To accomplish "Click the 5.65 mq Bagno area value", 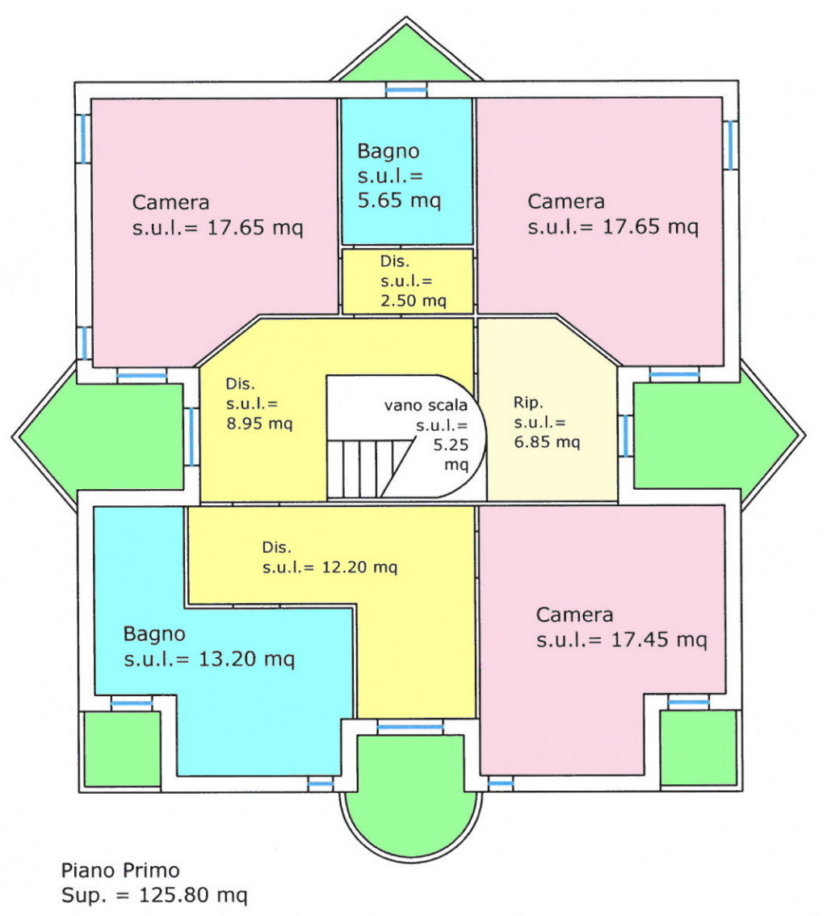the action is coord(399,201).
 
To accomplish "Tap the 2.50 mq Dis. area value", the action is coord(413,300).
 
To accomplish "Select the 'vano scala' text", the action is coord(426,405).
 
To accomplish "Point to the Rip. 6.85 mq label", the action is coord(547,422).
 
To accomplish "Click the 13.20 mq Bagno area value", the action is coord(246,659).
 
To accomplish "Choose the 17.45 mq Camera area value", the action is coord(659,640).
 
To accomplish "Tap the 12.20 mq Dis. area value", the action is coord(359,567).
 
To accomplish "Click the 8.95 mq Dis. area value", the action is coord(259,423).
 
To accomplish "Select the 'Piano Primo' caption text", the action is coord(120,871).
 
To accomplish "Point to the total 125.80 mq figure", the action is coord(192,894).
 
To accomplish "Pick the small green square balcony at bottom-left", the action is coord(123,749).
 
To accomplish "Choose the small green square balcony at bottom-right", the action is coord(698,748).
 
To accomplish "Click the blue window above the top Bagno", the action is coord(406,90).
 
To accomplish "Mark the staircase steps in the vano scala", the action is coord(368,469).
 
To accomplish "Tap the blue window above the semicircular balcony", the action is coord(410,728).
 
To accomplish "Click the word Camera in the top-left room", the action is coord(170,202).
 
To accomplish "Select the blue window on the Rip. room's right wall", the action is coord(625,436).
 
